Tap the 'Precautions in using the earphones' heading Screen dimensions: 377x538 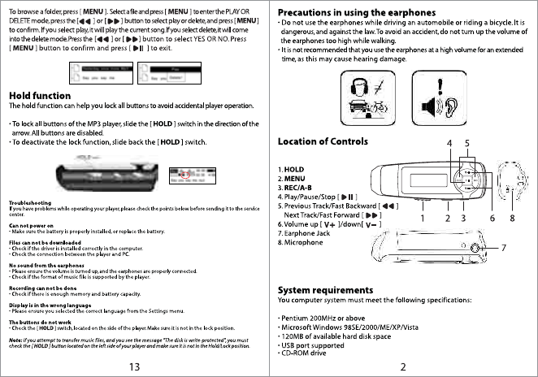click(x=361, y=13)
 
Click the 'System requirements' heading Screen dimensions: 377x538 click(x=325, y=289)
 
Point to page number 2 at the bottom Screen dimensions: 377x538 click(x=402, y=366)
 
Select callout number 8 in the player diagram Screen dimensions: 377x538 click(x=513, y=218)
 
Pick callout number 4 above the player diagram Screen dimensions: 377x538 click(x=449, y=144)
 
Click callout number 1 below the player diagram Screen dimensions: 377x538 click(x=423, y=218)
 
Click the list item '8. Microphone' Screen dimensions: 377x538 click(x=304, y=242)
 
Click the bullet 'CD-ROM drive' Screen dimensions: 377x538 click(x=304, y=353)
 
